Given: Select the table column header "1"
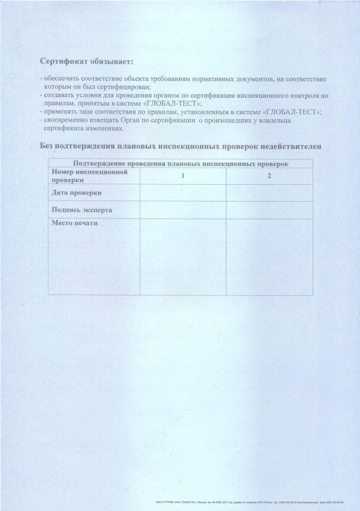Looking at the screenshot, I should click(x=183, y=176).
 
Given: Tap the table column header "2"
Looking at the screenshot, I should click(x=269, y=176).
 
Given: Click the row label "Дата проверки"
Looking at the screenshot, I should click(x=77, y=192).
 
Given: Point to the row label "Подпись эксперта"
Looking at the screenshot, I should click(x=82, y=210).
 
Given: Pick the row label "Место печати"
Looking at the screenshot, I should click(x=75, y=223).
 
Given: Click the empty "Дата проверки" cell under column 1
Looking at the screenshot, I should click(x=183, y=193).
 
